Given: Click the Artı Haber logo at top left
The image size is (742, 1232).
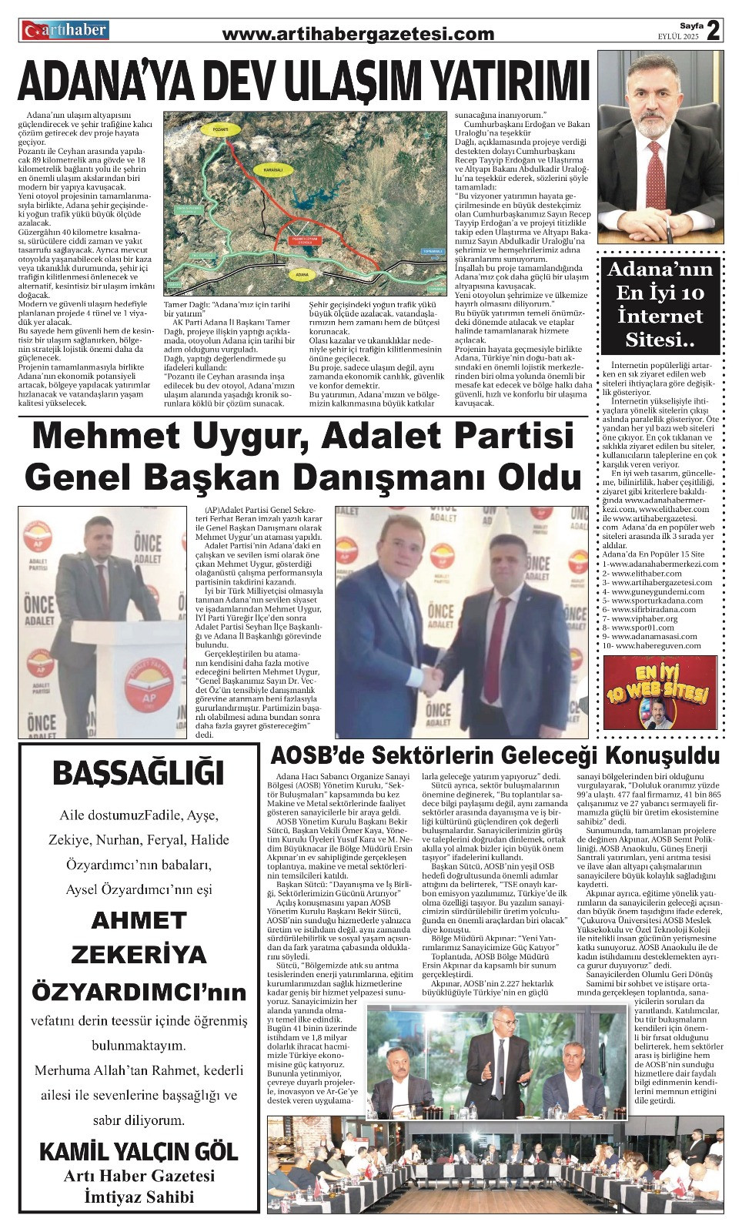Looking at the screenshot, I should click(65, 30).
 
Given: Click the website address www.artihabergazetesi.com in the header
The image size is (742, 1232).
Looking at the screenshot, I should click(358, 34).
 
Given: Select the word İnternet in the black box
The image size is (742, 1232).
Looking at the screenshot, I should click(659, 316).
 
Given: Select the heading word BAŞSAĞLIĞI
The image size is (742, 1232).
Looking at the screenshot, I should click(139, 773).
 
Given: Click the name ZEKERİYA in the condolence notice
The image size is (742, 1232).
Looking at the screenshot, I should click(139, 955).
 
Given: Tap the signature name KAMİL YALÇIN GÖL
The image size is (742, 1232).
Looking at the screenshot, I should click(139, 1152).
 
